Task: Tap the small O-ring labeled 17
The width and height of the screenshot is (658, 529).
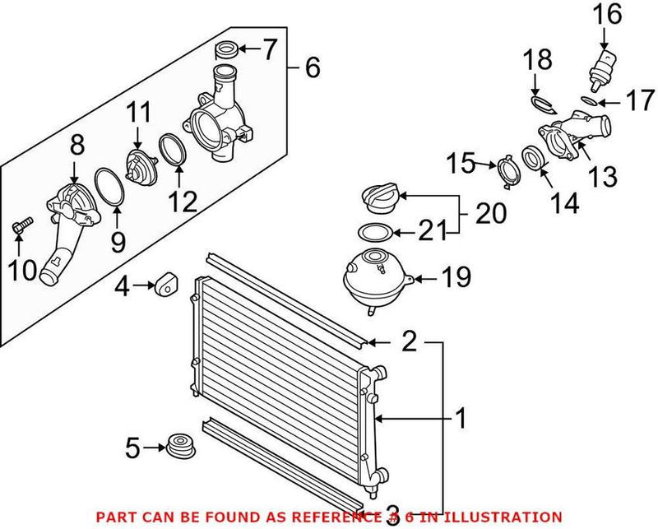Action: (x=587, y=100)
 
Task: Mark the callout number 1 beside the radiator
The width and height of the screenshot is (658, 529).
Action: (x=461, y=420)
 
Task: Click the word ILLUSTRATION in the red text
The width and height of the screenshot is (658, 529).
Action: (x=507, y=517)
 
